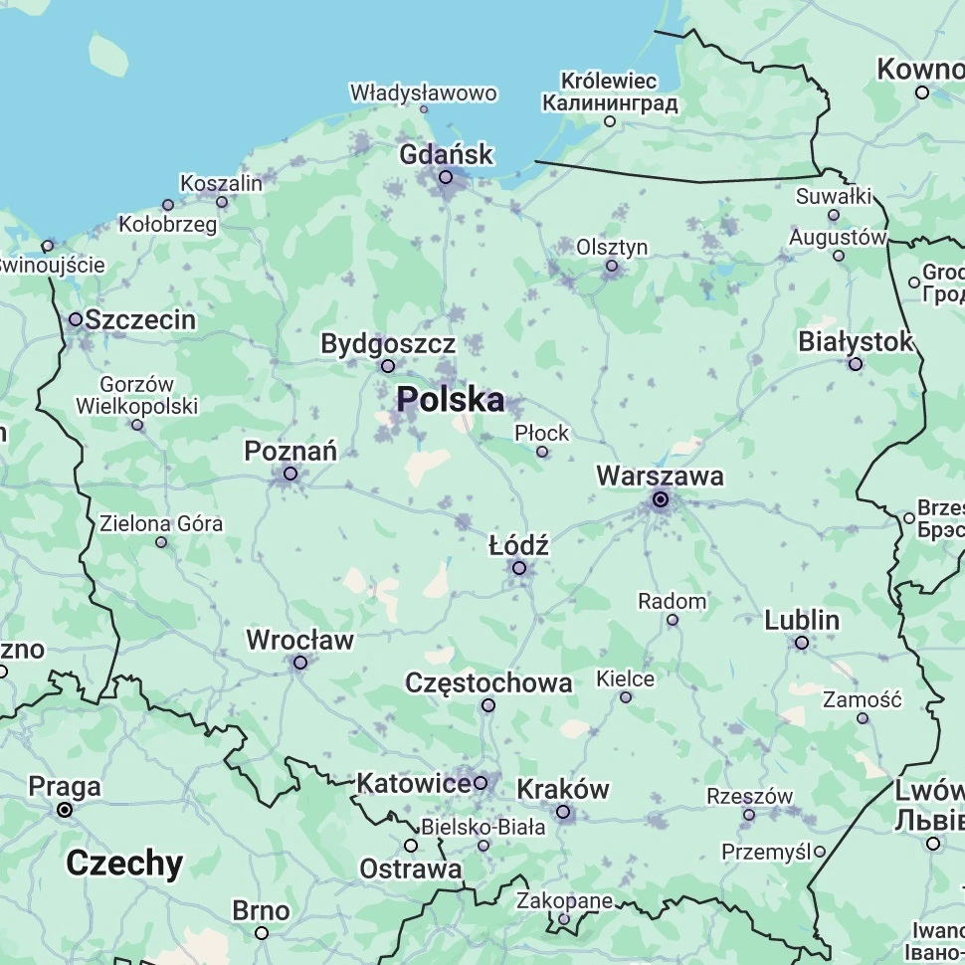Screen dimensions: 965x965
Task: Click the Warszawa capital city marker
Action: click(660, 499)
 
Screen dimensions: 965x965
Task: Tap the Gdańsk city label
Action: click(446, 154)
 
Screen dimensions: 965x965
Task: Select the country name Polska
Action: click(451, 400)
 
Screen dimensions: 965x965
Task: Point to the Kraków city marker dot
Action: click(563, 813)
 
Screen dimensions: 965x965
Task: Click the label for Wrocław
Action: click(299, 640)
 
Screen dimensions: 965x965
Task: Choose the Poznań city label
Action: click(290, 451)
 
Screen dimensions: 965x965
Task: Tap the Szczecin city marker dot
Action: click(76, 319)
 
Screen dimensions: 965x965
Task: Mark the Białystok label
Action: click(855, 341)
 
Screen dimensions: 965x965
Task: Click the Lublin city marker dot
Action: click(802, 643)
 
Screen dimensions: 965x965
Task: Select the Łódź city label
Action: click(518, 545)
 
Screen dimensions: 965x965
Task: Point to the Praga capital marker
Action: click(65, 810)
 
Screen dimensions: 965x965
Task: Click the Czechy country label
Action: click(124, 863)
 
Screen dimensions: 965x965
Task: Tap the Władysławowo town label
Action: click(423, 93)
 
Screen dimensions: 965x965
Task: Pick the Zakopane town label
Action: click(564, 900)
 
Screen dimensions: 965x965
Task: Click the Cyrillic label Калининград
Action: click(610, 102)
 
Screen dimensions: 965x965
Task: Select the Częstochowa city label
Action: click(488, 682)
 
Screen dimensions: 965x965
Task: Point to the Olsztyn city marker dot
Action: click(612, 266)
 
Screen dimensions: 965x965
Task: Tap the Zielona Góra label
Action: click(161, 523)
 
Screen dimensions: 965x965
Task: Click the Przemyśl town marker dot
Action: click(820, 852)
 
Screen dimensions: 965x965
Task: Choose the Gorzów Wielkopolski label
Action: click(137, 395)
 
